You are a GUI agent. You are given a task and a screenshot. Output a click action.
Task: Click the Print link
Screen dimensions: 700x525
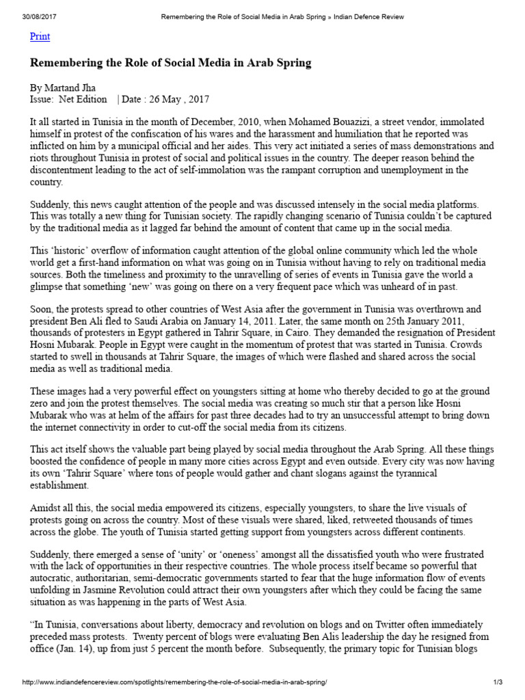(x=40, y=37)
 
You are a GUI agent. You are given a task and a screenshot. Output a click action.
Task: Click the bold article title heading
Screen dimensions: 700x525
(x=170, y=63)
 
